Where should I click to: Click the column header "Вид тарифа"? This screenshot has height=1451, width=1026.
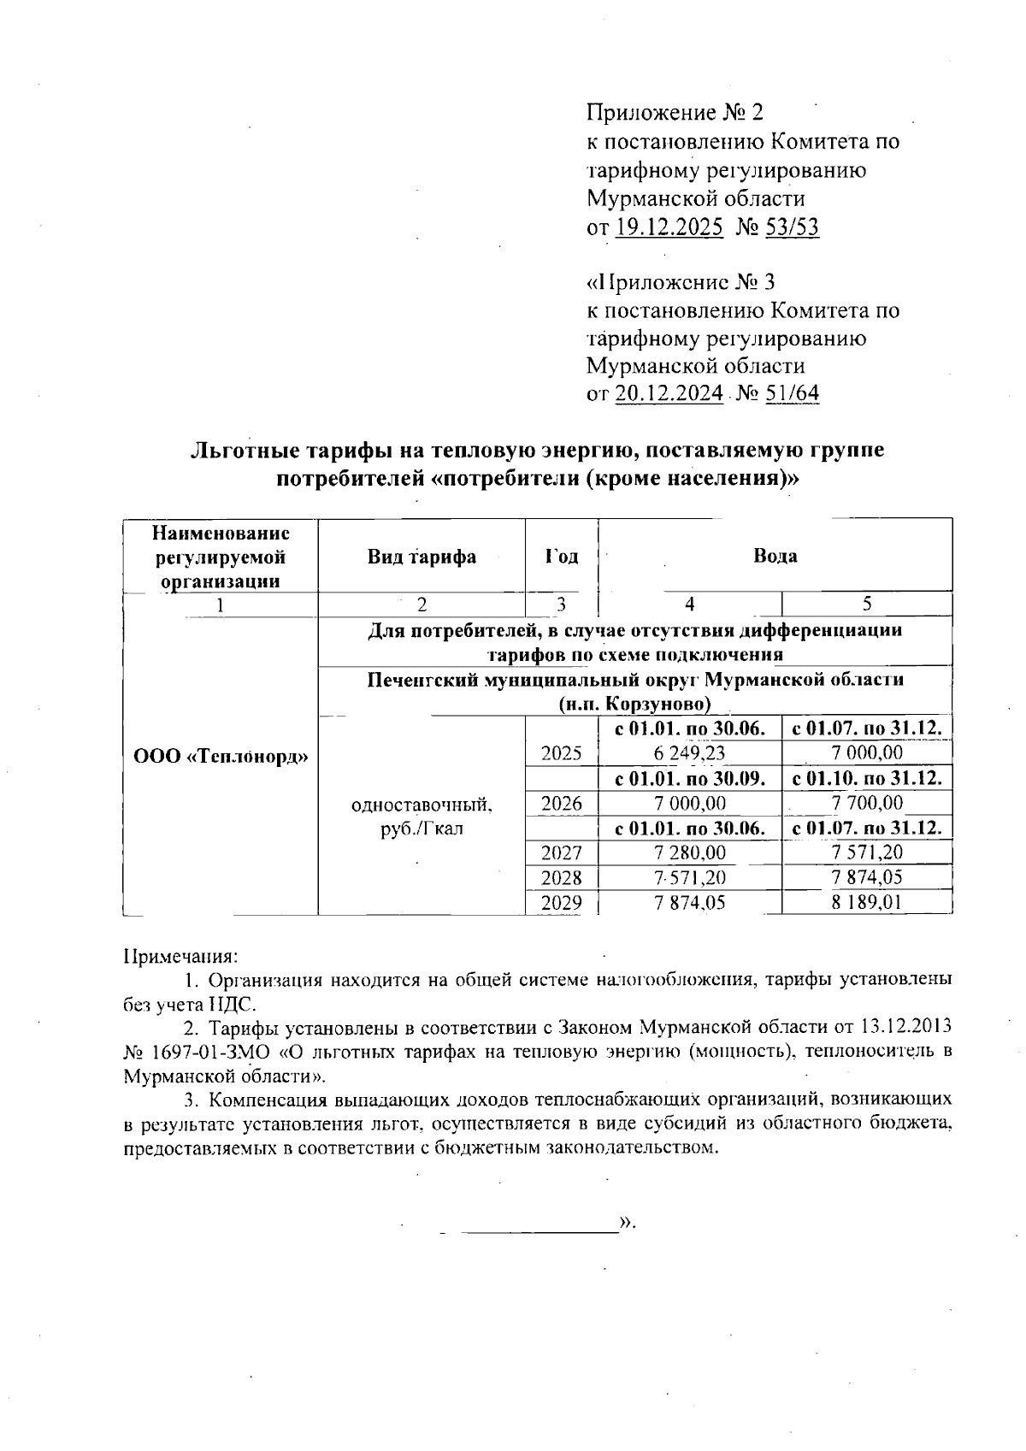(x=422, y=557)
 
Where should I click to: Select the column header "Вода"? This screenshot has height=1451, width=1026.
(x=775, y=556)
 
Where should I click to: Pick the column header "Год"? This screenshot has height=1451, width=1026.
(x=561, y=557)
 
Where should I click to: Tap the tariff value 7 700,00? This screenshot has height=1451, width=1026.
(x=867, y=803)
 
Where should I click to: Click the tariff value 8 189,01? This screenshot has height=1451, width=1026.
(x=867, y=902)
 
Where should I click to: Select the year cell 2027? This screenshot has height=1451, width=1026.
(x=562, y=852)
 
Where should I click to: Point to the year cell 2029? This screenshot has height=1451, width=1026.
(x=562, y=902)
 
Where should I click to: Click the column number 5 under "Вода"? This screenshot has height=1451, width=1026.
(x=867, y=605)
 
